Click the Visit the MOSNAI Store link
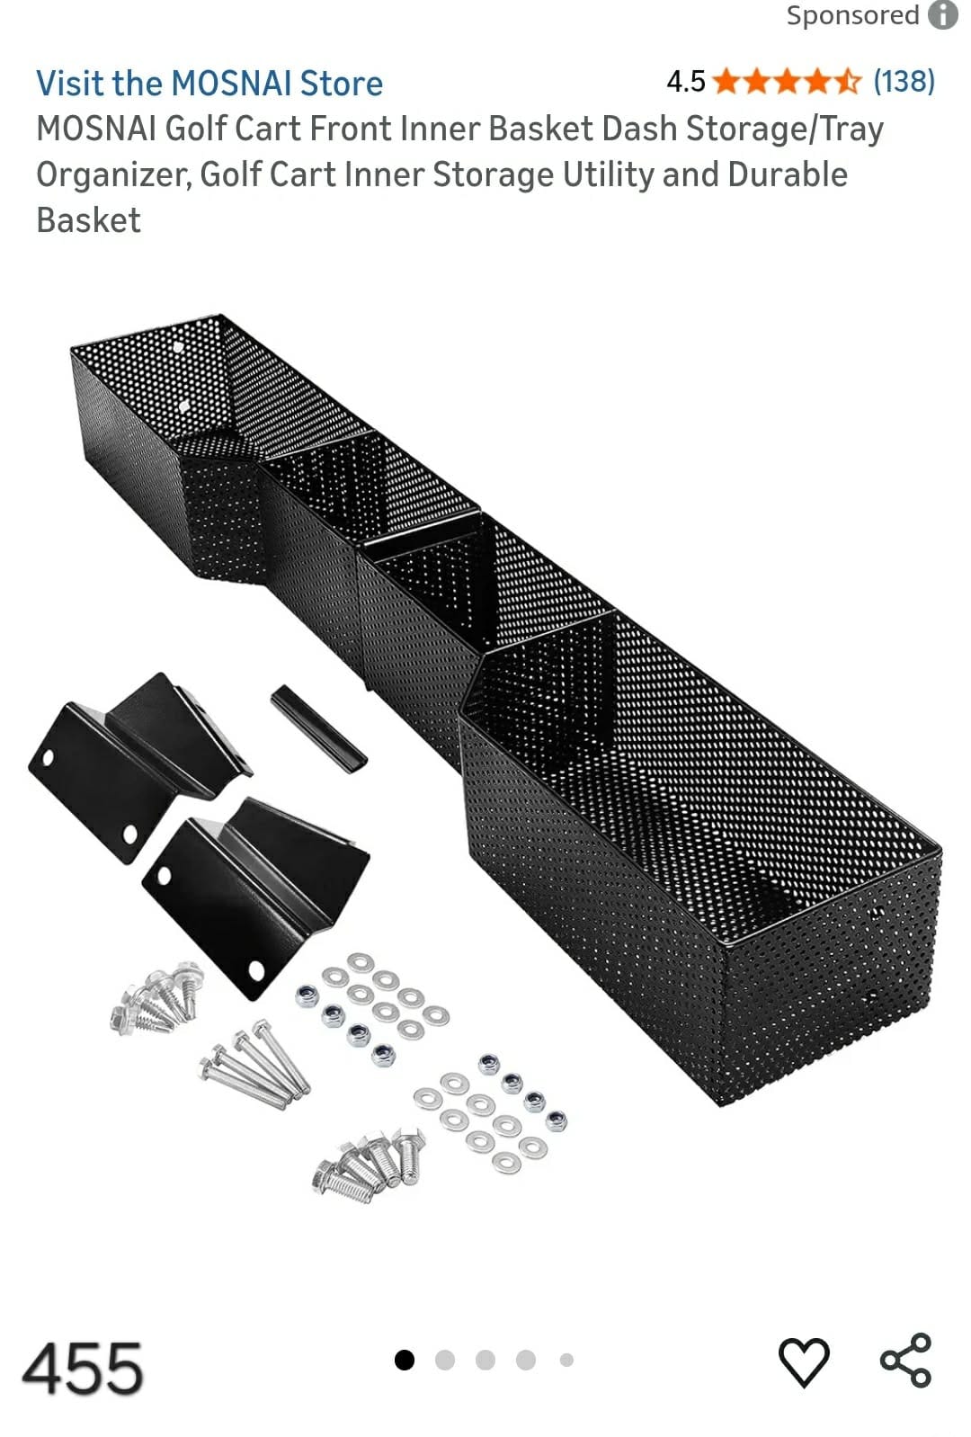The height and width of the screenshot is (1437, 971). click(x=209, y=84)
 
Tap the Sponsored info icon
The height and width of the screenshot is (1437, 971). click(x=943, y=14)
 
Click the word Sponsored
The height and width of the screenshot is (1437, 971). click(x=853, y=15)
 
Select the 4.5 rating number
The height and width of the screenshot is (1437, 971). click(x=686, y=82)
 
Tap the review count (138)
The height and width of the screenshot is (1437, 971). click(x=904, y=82)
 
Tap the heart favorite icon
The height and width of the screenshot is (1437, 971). click(x=804, y=1362)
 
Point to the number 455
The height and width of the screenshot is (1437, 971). click(x=82, y=1369)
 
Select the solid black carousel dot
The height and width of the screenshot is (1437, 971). click(x=404, y=1360)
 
